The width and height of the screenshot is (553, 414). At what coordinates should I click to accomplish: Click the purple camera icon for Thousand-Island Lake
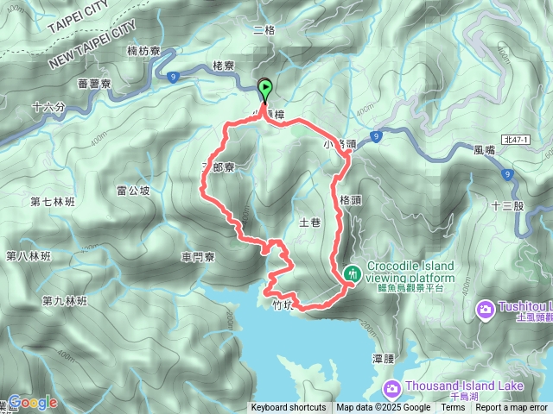[391, 389]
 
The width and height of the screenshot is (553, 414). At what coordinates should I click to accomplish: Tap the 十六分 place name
[48, 107]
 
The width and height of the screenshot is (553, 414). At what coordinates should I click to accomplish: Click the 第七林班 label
[53, 203]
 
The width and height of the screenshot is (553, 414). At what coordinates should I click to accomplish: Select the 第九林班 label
[64, 301]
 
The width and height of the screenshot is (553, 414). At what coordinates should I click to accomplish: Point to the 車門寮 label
[199, 257]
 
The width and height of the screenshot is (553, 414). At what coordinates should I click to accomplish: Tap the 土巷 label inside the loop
[308, 223]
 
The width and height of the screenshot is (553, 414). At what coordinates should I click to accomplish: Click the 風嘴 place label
[486, 148]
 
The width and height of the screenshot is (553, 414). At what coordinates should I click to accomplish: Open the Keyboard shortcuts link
[289, 408]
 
